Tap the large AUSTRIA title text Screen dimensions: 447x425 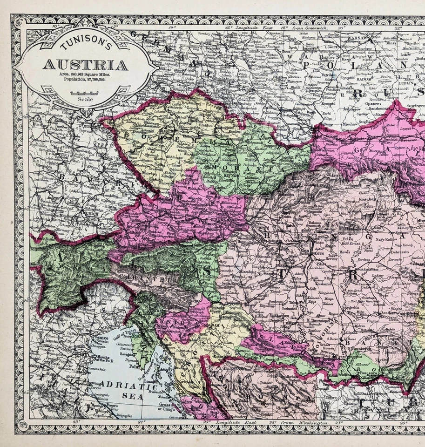(x=85, y=65)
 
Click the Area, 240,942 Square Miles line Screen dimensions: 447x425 (x=85, y=74)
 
